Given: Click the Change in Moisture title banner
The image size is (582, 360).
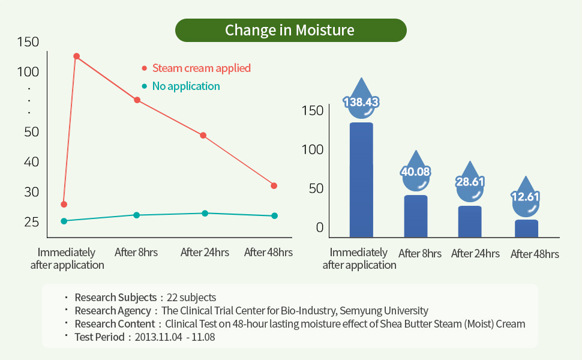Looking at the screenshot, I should (x=290, y=30).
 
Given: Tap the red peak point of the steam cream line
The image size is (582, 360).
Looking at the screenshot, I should (x=76, y=56).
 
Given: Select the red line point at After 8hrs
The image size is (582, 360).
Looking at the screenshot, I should (x=137, y=100).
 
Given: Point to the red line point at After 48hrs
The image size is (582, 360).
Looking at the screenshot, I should (x=274, y=185).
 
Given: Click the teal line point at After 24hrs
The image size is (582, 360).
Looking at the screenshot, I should (x=205, y=213).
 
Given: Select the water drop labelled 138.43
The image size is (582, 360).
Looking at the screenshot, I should (x=361, y=99).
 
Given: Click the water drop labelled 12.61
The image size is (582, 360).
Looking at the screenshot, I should (x=526, y=195).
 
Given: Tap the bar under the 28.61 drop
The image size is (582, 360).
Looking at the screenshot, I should (x=470, y=221).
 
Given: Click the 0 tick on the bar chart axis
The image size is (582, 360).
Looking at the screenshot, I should (x=320, y=227).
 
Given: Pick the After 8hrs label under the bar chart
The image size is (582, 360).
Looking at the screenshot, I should (x=419, y=254).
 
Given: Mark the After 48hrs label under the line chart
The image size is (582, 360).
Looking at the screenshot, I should (x=268, y=253).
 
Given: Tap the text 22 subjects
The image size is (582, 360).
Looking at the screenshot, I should (x=190, y=298).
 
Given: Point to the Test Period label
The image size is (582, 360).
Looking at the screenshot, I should (x=99, y=337).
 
